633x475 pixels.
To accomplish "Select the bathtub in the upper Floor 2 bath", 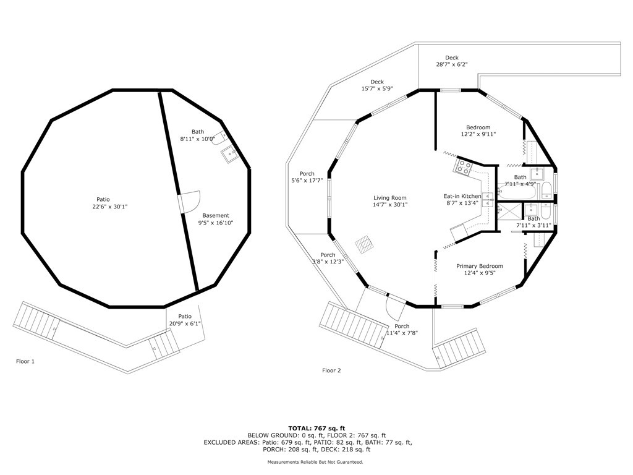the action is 517,190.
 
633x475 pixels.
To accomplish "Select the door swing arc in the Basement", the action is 193,201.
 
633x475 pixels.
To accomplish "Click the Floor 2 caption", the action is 331,370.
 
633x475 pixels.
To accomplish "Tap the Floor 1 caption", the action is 25,361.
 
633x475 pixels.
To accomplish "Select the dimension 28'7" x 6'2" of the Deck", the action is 452,64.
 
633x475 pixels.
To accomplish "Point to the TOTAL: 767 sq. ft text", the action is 316,428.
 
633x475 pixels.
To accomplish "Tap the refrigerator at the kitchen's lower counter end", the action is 459,233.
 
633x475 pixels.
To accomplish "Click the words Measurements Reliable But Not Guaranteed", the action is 315,461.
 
